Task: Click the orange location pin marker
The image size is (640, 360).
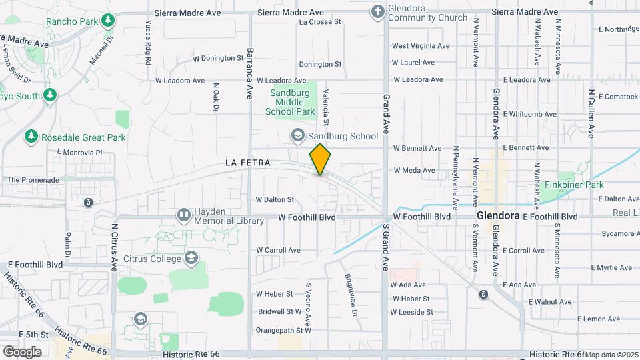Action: click(x=320, y=159)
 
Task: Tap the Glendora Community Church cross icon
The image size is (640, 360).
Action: click(x=378, y=11)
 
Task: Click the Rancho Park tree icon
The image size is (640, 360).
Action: click(x=108, y=21)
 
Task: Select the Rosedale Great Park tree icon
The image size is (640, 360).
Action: click(x=31, y=137)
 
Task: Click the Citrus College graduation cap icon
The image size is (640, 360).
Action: click(x=191, y=258)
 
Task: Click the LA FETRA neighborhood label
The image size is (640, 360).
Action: click(x=247, y=163)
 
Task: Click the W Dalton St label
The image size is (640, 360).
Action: click(x=275, y=199)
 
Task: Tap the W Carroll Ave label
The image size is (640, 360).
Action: click(x=278, y=250)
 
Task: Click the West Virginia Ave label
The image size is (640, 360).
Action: click(x=420, y=46)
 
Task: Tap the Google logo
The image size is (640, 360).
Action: click(x=22, y=351)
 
